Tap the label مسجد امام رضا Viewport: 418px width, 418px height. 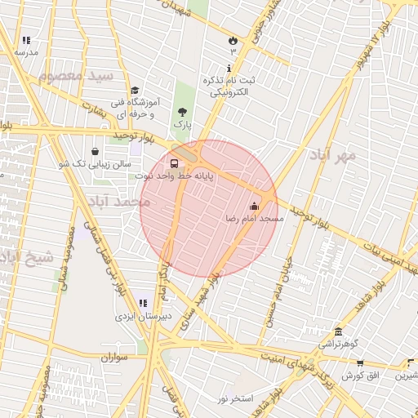255,219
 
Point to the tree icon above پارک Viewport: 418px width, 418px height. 181,112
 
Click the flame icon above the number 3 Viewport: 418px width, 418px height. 232,39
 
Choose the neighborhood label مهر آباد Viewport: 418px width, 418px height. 333,154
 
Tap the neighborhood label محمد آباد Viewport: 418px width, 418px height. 122,200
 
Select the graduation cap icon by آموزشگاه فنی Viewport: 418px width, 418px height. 135,91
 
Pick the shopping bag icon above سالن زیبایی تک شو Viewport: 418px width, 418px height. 96,151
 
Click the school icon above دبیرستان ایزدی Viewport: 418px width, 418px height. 142,303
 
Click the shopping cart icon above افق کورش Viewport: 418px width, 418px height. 359,363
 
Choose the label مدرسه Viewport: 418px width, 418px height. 25,51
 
